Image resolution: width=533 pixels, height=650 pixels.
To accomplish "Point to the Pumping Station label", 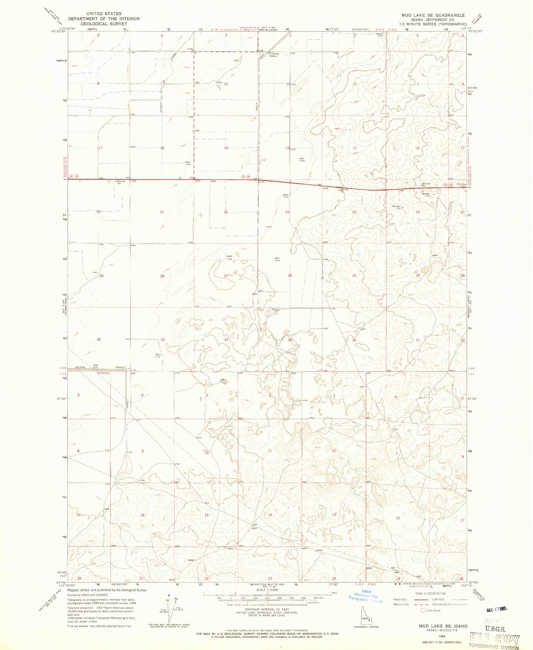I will tap(273, 55).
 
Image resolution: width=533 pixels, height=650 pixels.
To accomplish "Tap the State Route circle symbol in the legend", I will tap(423, 611).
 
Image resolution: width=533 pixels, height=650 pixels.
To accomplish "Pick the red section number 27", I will tap(226, 276).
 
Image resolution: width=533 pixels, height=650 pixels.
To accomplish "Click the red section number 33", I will tap(163, 339).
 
